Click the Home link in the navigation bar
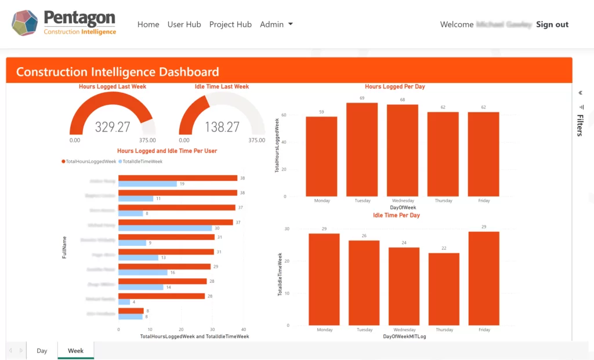(x=148, y=24)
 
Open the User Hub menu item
(x=184, y=24)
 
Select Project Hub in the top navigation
(x=230, y=24)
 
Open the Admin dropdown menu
(x=276, y=24)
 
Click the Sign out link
(x=552, y=24)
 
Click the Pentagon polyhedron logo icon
(x=24, y=23)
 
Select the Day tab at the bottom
(x=42, y=351)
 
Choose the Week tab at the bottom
(x=76, y=351)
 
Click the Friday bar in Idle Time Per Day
(x=484, y=278)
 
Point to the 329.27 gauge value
(x=113, y=127)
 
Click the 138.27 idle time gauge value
(x=222, y=127)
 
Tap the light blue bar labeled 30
(x=165, y=228)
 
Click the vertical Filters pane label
(x=579, y=125)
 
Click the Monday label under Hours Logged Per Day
(x=322, y=201)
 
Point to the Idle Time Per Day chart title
(x=396, y=215)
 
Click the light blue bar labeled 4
(x=124, y=302)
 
